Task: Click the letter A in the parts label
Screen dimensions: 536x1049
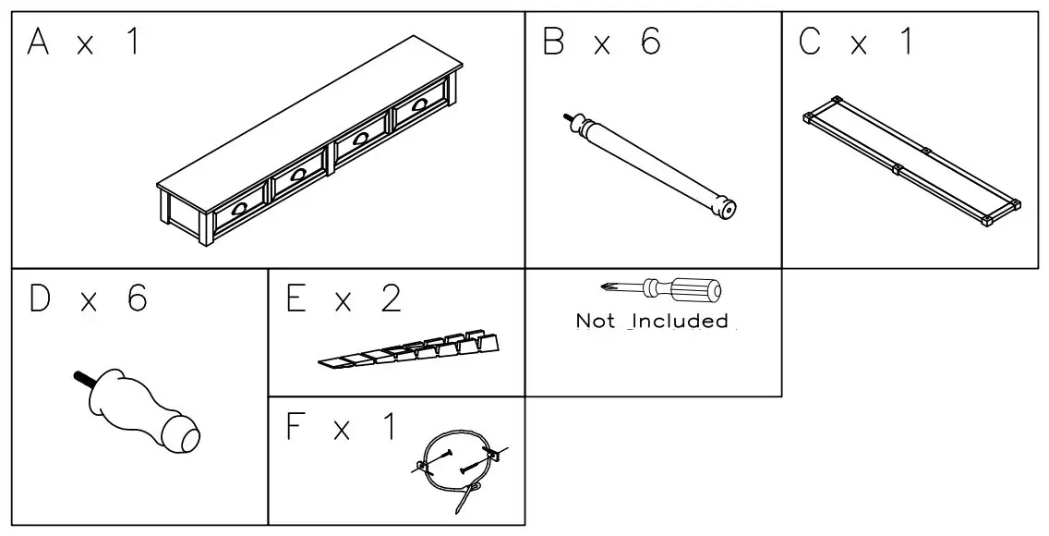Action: coord(38,43)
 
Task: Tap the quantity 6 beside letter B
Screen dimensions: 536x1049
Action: coord(650,43)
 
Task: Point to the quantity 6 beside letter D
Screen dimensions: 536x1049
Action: coord(136,300)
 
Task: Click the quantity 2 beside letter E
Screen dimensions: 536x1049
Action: coord(392,300)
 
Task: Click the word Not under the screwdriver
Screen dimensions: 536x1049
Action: coord(596,322)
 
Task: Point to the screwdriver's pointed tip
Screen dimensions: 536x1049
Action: coord(603,286)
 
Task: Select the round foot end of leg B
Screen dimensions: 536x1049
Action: coord(728,209)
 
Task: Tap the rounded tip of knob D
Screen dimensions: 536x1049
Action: coord(187,437)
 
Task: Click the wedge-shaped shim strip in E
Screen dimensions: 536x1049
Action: coord(411,348)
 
